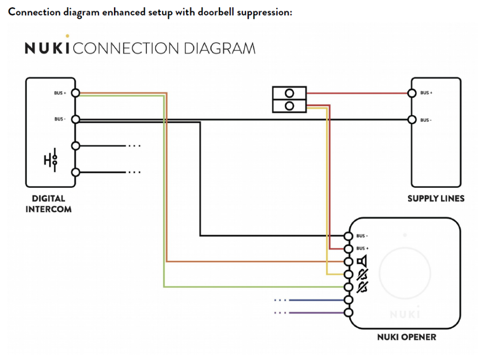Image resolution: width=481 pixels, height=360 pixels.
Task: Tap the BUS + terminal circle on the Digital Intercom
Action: pos(75,93)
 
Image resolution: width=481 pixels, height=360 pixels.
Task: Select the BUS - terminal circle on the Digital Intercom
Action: pos(75,119)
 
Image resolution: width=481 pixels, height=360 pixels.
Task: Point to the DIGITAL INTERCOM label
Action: pos(49,204)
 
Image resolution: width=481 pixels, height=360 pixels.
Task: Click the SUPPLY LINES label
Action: pos(436,198)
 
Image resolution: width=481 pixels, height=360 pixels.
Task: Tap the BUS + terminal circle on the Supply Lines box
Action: pos(412,93)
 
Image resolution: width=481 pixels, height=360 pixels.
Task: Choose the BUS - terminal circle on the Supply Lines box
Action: pos(412,119)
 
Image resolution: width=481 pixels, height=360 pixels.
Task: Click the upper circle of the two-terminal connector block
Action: pos(290,93)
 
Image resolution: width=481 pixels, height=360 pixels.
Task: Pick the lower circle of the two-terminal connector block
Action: pos(290,106)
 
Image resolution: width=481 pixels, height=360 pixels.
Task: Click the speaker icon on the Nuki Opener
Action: pos(362,261)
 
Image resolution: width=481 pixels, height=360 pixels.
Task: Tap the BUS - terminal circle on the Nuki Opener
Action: pos(349,236)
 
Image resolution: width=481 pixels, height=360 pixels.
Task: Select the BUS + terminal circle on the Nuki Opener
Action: pos(349,249)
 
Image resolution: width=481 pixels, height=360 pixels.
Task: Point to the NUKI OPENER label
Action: pos(407,336)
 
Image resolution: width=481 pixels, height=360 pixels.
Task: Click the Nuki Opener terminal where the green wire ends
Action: pos(349,287)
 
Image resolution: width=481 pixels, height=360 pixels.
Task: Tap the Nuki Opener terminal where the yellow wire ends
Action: pos(349,274)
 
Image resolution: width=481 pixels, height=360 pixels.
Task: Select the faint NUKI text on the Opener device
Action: pos(405,315)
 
